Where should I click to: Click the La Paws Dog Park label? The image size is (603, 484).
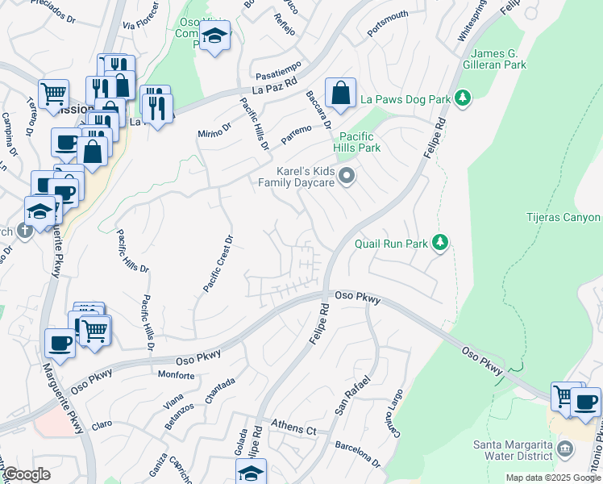pyautogui.click(x=404, y=99)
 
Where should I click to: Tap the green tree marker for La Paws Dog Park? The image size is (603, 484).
pyautogui.click(x=463, y=98)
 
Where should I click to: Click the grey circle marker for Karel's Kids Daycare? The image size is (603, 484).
pyautogui.click(x=347, y=175)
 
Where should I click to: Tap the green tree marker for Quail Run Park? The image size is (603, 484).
pyautogui.click(x=439, y=242)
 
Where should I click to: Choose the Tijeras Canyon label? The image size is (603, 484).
pyautogui.click(x=563, y=218)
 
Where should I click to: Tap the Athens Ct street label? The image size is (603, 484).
pyautogui.click(x=293, y=427)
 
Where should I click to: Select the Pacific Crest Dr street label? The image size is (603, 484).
pyautogui.click(x=218, y=263)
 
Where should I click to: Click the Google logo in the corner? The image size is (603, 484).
pyautogui.click(x=27, y=474)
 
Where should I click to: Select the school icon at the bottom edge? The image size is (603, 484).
pyautogui.click(x=251, y=472)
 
